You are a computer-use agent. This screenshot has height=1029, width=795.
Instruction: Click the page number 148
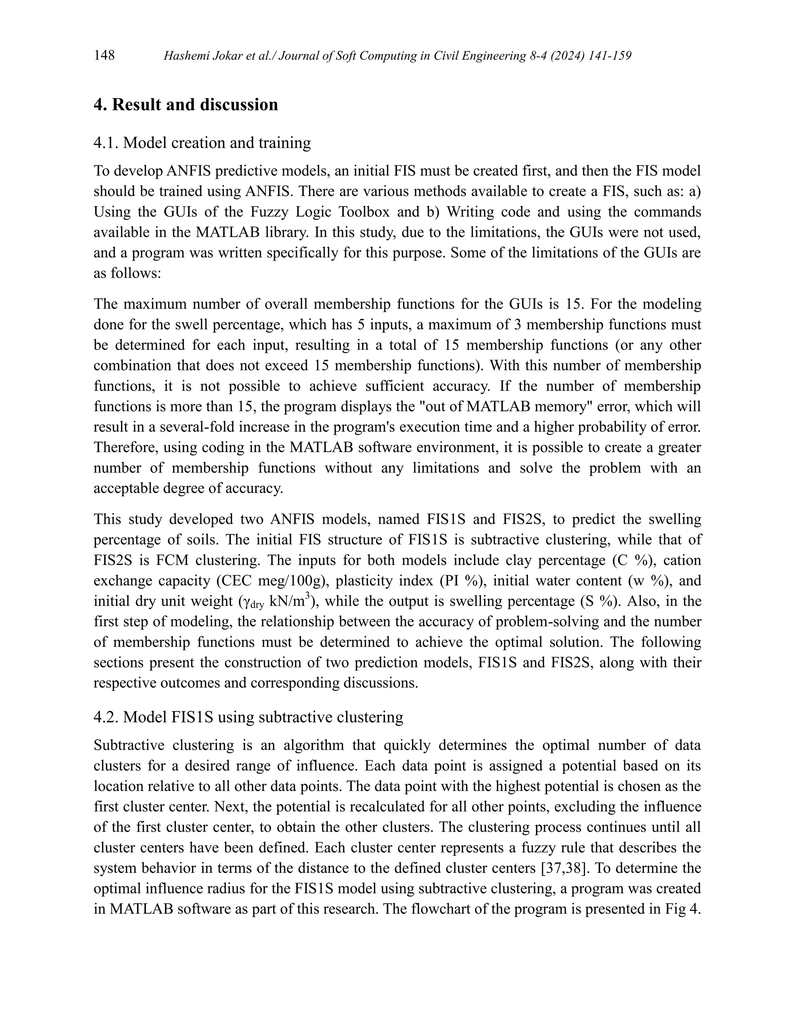point(104,56)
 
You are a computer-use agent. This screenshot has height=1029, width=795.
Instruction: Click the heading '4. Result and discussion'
point(186,104)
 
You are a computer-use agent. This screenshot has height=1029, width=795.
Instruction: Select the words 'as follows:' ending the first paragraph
point(127,273)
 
